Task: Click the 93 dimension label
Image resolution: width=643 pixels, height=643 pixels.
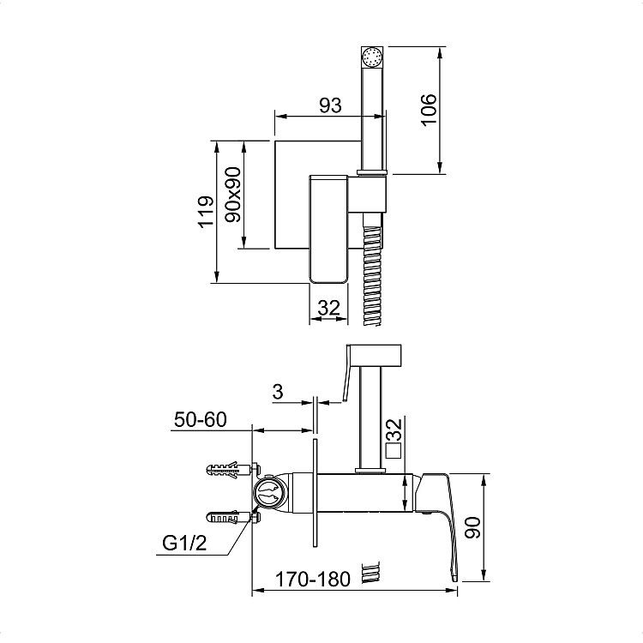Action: click(330, 105)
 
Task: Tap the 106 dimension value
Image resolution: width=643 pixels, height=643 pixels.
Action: click(429, 110)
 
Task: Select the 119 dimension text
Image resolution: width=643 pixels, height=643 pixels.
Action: click(206, 211)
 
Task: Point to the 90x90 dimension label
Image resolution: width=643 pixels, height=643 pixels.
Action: click(233, 195)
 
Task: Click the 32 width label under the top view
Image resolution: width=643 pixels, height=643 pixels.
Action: click(329, 308)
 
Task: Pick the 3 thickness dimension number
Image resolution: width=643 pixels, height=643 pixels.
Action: click(278, 392)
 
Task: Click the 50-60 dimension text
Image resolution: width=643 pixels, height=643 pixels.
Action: click(200, 419)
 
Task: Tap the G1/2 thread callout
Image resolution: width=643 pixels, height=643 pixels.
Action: click(184, 544)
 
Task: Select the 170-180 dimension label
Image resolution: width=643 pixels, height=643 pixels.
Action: click(312, 580)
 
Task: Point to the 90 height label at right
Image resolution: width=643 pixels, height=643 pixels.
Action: click(472, 527)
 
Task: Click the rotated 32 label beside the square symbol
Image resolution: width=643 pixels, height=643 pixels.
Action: click(394, 430)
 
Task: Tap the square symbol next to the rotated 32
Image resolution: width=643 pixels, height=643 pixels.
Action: click(394, 451)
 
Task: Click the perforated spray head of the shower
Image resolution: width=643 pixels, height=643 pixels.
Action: click(372, 57)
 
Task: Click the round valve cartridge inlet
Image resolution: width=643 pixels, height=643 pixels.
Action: click(268, 493)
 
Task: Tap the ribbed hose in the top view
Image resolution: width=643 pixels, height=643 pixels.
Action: click(372, 270)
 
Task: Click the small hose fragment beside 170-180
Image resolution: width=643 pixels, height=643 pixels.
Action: click(370, 573)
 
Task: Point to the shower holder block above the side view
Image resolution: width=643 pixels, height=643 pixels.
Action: click(374, 356)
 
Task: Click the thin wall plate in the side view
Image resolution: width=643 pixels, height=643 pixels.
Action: click(315, 493)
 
